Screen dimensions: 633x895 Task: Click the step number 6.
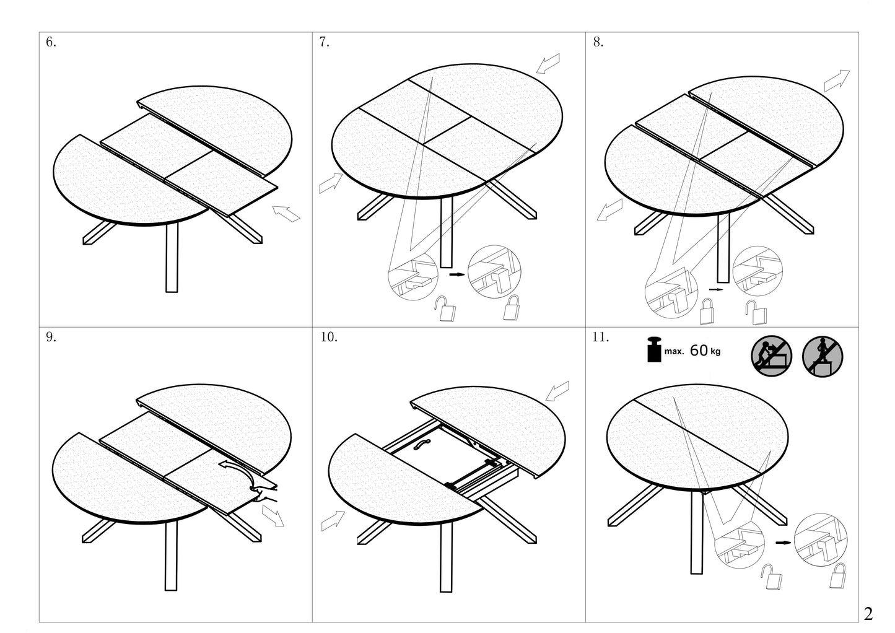[x=51, y=43]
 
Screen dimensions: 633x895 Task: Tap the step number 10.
[x=328, y=338]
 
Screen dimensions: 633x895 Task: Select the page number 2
[x=868, y=614]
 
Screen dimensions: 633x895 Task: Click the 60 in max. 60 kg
[x=698, y=351]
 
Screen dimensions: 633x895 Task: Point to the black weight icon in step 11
[x=653, y=350]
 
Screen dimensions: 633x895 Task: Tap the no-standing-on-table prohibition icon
[x=823, y=357]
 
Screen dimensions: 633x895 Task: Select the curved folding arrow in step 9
[x=238, y=469]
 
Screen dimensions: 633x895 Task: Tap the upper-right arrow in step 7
[x=548, y=63]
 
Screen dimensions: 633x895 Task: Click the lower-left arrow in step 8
[x=609, y=210]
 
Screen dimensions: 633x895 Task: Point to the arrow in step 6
[x=286, y=214]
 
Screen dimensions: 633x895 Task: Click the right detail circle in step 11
[x=820, y=541]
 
